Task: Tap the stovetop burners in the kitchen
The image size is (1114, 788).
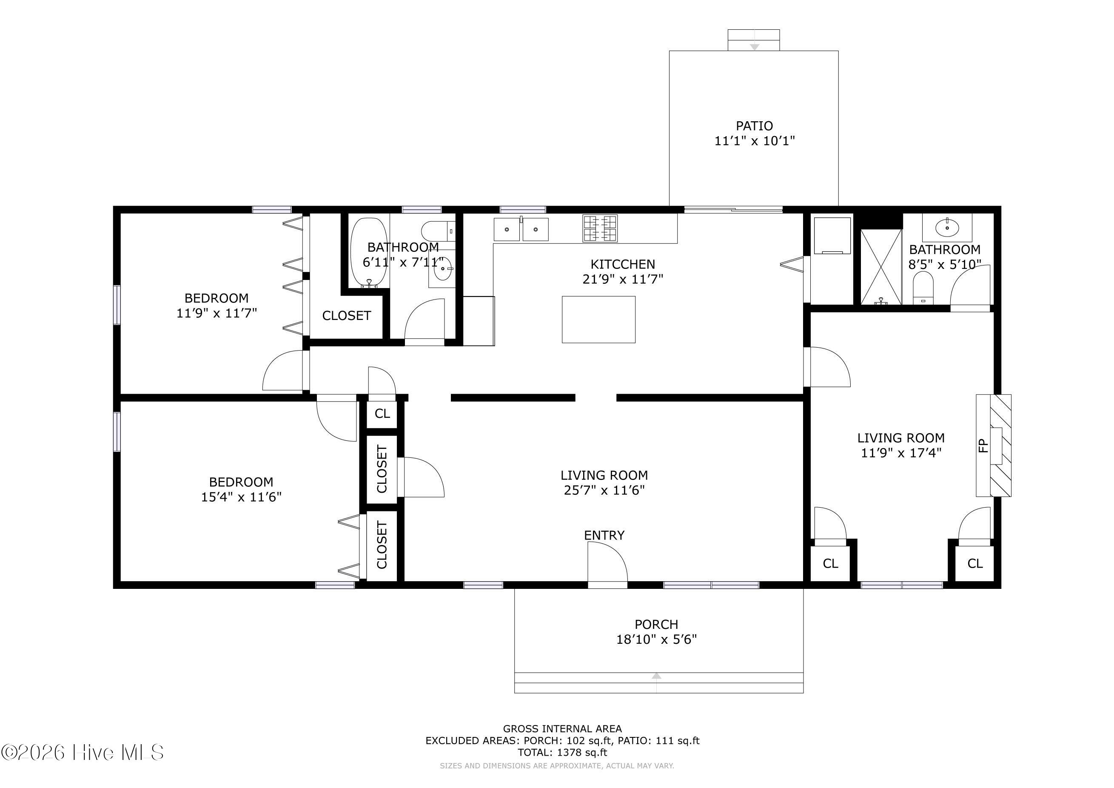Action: tap(600, 228)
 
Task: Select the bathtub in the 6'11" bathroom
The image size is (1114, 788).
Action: tap(369, 252)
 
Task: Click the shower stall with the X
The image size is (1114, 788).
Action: tap(880, 267)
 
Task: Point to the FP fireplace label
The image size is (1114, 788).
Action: tap(983, 445)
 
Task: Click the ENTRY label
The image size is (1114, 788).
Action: tap(604, 535)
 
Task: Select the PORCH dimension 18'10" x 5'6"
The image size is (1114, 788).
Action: tap(656, 640)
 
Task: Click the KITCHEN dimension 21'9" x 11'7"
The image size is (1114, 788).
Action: tap(622, 279)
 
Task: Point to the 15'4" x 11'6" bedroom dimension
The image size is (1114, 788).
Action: tap(241, 497)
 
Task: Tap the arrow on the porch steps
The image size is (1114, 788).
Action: tap(656, 675)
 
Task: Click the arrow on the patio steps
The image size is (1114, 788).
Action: tap(754, 46)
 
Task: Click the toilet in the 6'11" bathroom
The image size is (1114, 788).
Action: tap(438, 231)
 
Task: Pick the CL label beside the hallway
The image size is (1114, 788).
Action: tap(382, 414)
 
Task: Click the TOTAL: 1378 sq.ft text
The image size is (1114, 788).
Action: tap(562, 753)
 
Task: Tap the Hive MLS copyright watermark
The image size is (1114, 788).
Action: tap(82, 753)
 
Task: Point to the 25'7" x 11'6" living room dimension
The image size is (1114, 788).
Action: tap(604, 490)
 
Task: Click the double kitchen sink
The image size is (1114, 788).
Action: tap(521, 229)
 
